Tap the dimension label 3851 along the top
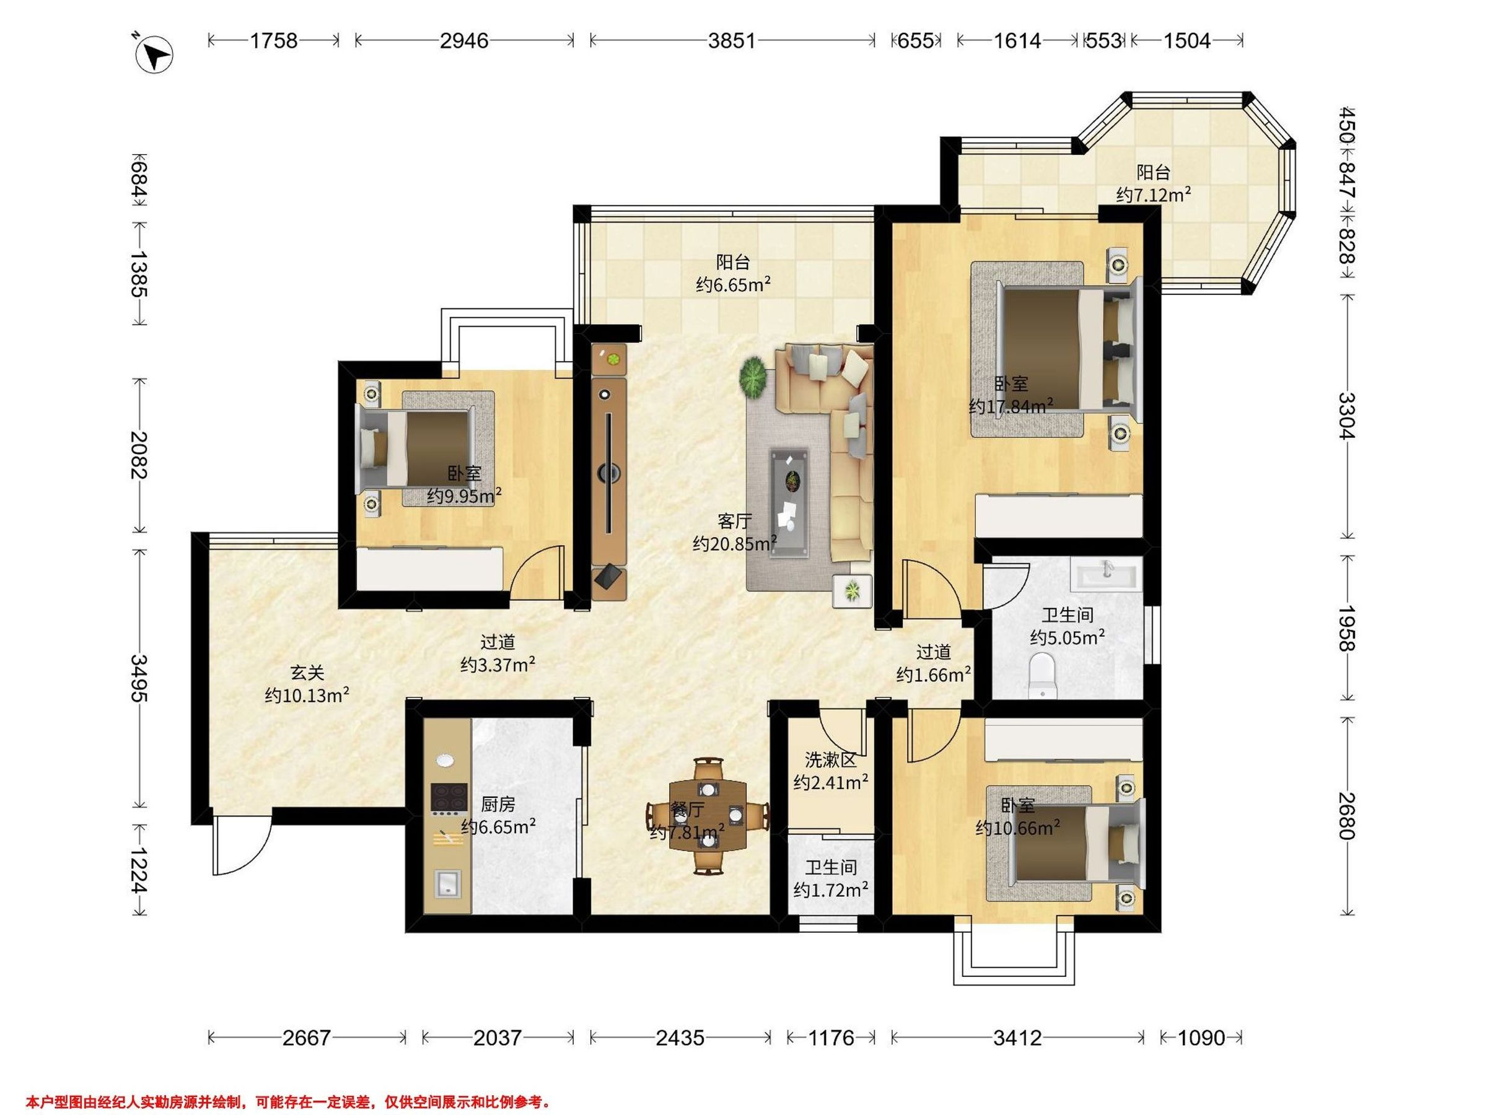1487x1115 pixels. (x=732, y=41)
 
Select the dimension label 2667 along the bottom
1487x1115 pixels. (x=307, y=1038)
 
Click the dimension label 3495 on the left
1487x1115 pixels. (x=139, y=678)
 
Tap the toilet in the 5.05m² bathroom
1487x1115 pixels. (x=1043, y=674)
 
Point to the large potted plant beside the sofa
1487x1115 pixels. (x=754, y=379)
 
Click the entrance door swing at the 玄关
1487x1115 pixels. (x=242, y=847)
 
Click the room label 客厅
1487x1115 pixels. (x=734, y=521)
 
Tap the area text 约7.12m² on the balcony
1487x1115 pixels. (x=1154, y=195)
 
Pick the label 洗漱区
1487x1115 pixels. (x=831, y=760)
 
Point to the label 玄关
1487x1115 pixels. (x=307, y=672)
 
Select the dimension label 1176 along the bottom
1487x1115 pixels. (x=831, y=1038)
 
